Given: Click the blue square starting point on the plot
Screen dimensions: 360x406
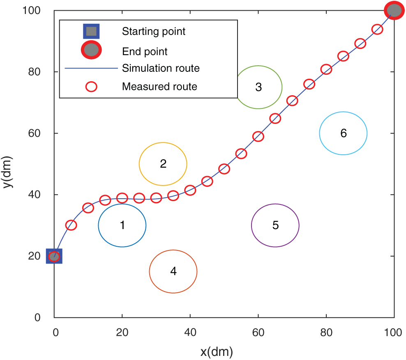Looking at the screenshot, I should click(x=54, y=256).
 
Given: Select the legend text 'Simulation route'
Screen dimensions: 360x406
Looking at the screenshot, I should click(x=161, y=68).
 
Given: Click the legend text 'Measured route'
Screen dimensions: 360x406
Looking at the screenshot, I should click(x=159, y=87).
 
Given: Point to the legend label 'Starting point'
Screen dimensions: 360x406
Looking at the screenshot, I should click(x=154, y=31).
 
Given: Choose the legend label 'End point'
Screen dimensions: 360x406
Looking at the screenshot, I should click(x=145, y=52).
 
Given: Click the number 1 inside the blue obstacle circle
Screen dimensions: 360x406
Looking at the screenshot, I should click(x=122, y=225).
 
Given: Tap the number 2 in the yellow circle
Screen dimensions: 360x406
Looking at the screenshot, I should click(x=163, y=164).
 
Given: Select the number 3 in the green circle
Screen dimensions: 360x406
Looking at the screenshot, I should click(x=258, y=87).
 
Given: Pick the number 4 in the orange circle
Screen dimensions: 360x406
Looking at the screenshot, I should click(x=173, y=271).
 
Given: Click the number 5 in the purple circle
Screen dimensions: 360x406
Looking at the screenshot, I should click(x=275, y=225).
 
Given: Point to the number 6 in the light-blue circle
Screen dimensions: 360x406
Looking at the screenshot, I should click(x=344, y=133).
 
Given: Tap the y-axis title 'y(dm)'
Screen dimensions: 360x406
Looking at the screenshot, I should click(x=8, y=172).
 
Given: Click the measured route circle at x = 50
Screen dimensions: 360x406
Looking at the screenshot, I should click(x=224, y=169).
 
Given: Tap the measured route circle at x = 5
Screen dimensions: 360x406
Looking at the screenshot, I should click(x=71, y=225).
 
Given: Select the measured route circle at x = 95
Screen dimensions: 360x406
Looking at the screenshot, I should click(x=377, y=29).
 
